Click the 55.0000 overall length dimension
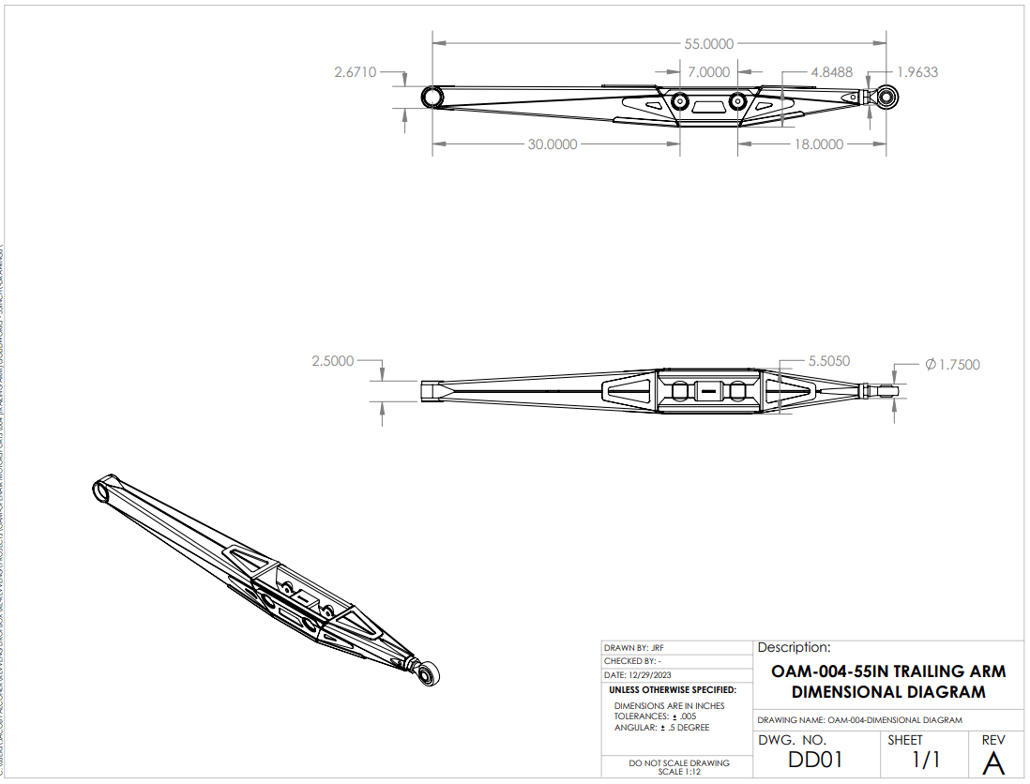708,43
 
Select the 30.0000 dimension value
552,144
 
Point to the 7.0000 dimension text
708,72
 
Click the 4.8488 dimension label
832,72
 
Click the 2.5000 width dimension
333,361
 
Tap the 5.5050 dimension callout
828,361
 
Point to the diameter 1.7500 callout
952,365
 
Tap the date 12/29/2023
641,675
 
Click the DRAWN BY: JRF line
635,648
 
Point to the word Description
794,647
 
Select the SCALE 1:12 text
679,772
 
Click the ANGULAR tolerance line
661,728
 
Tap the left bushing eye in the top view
432,98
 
